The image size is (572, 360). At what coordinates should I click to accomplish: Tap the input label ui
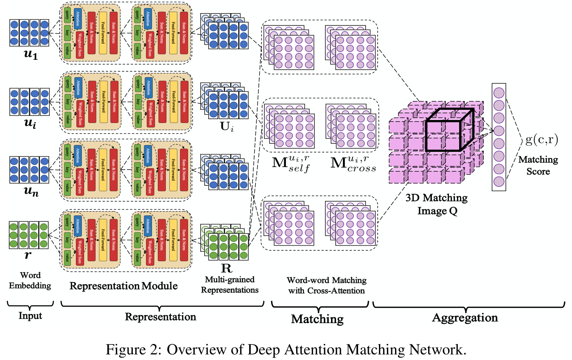tap(28, 124)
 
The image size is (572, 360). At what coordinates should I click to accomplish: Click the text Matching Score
tap(538, 166)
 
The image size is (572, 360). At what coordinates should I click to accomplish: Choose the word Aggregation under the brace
tap(465, 318)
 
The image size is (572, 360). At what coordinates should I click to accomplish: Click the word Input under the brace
tap(30, 316)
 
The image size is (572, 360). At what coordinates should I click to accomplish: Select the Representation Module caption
tap(123, 286)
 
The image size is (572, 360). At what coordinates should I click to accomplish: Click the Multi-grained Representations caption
tap(230, 285)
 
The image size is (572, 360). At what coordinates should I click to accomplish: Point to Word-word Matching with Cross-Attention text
tap(326, 285)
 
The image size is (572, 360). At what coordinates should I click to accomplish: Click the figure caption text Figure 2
tap(286, 350)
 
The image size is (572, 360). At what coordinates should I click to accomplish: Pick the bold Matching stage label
tap(317, 318)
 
